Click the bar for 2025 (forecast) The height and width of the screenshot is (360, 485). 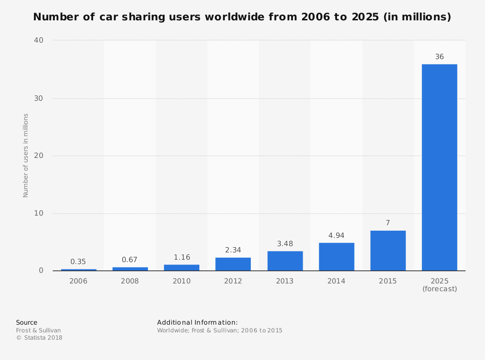point(439,167)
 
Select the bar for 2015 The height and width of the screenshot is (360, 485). point(388,250)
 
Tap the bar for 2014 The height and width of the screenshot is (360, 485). point(337,256)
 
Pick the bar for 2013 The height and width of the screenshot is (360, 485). point(285,261)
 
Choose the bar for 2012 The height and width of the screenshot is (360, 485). point(233,264)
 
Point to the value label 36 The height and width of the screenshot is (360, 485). point(439,57)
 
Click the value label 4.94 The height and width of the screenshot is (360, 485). point(337,235)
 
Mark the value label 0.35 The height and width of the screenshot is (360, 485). point(78,262)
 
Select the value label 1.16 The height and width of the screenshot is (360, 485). point(182,257)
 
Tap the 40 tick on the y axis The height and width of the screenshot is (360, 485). point(38,40)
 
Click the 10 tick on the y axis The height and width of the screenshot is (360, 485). point(38,213)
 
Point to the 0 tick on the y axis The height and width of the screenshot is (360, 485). point(41,270)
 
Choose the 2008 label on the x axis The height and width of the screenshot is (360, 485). point(130,281)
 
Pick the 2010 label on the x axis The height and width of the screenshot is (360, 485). point(182,281)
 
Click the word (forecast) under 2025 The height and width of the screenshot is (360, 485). point(439,289)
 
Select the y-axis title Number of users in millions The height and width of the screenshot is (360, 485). point(26,155)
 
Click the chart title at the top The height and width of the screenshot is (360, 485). point(242,17)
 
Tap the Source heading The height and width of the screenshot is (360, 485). point(27,322)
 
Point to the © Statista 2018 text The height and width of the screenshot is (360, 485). point(39,338)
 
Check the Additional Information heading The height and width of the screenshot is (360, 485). point(197,322)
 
